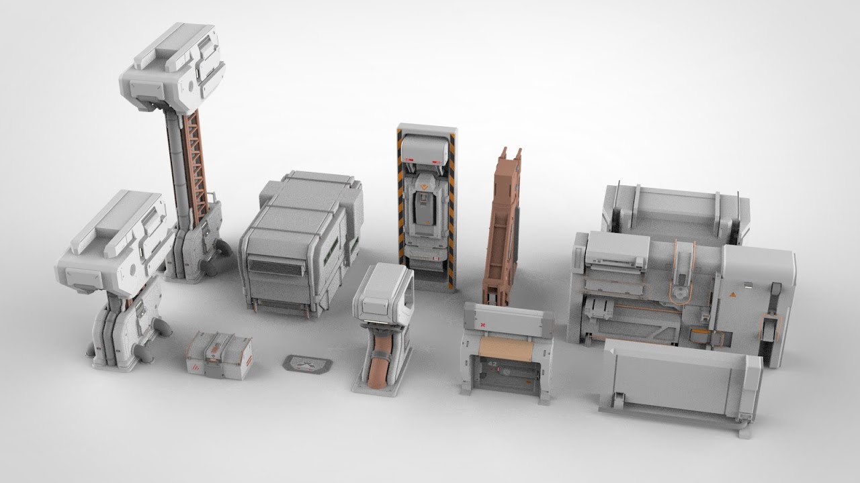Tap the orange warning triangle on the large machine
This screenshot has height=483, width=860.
tap(734, 293)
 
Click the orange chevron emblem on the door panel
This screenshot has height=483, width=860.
tap(424, 180)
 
